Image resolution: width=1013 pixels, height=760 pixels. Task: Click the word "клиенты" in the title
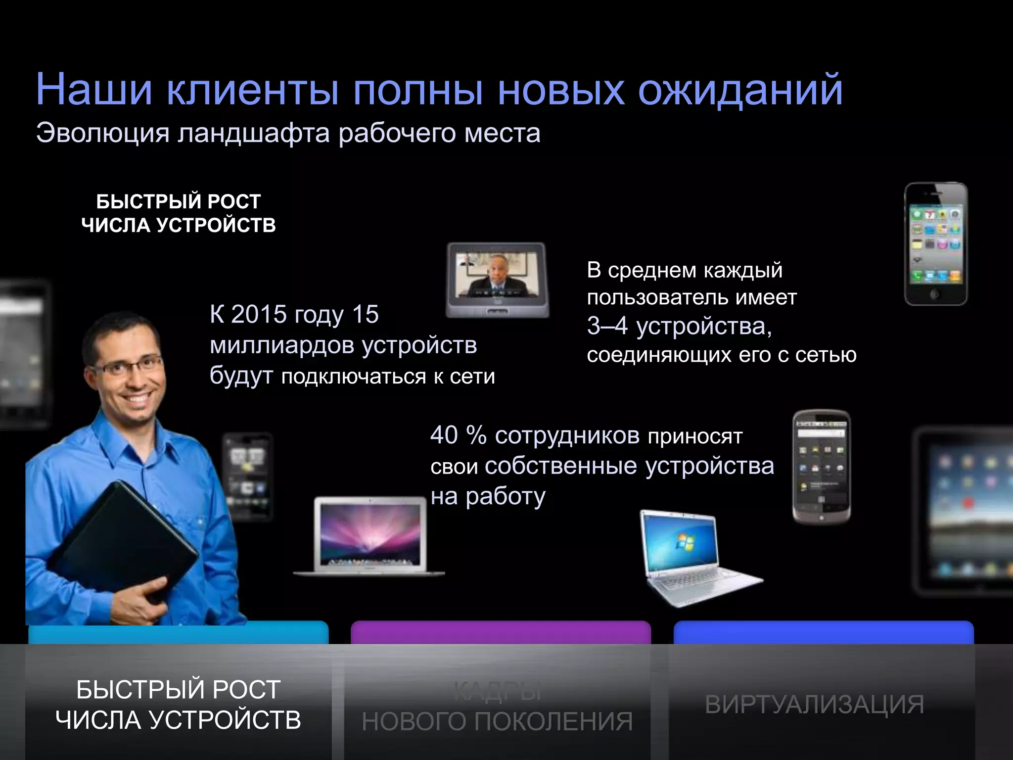pos(253,90)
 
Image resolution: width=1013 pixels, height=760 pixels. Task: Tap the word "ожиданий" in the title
pos(740,90)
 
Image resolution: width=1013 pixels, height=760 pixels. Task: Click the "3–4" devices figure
pos(607,326)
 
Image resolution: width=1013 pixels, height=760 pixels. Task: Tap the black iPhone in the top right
pos(935,244)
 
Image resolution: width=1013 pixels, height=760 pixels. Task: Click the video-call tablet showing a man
pos(497,280)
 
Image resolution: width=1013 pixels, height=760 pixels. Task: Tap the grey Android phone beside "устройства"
pos(821,466)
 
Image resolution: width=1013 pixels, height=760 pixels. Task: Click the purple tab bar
pos(501,632)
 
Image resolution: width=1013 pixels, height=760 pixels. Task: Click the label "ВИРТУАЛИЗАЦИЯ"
pos(814,705)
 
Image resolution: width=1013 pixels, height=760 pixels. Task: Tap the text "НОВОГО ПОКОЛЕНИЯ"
pos(497,721)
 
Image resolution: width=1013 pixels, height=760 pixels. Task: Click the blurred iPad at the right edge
pos(965,510)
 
